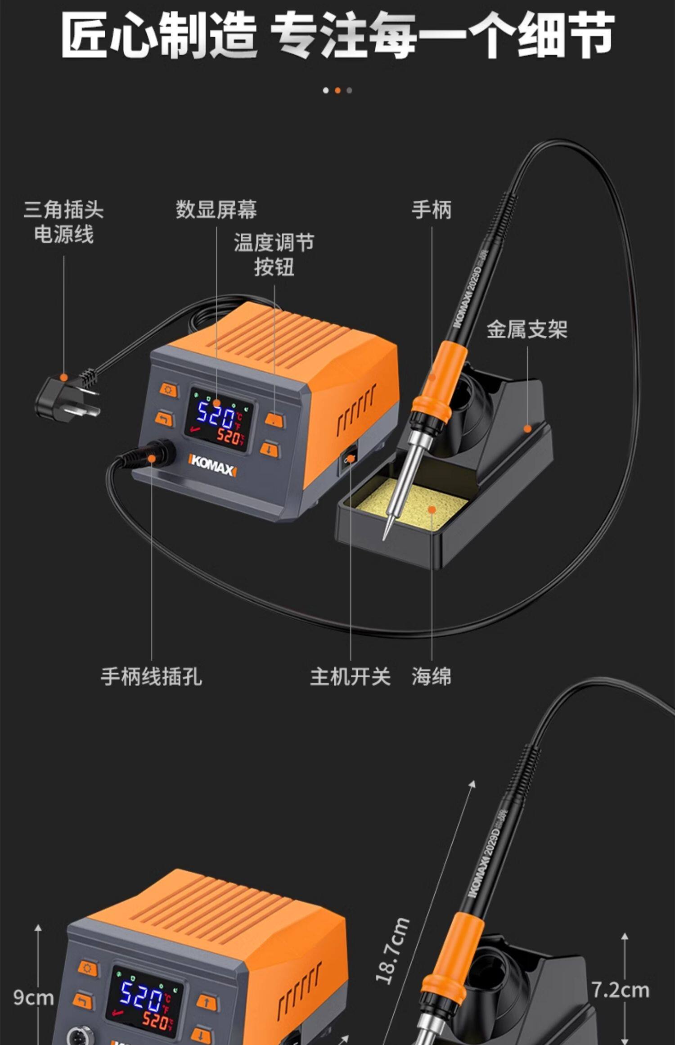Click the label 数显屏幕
click(216, 210)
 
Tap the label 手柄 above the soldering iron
click(431, 210)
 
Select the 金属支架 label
click(526, 329)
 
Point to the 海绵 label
click(431, 676)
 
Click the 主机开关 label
click(350, 676)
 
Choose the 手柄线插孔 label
click(151, 676)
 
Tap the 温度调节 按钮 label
click(274, 255)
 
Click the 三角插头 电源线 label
click(63, 222)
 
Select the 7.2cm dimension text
click(620, 990)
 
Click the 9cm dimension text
click(33, 997)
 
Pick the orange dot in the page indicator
click(337, 90)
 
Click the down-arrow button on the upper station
click(269, 449)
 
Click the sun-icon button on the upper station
click(168, 390)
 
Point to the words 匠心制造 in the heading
click(158, 35)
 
